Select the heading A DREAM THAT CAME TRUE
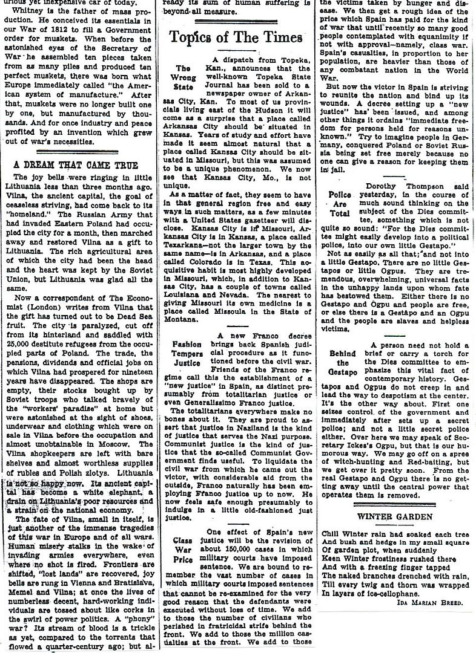pos(76,164)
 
